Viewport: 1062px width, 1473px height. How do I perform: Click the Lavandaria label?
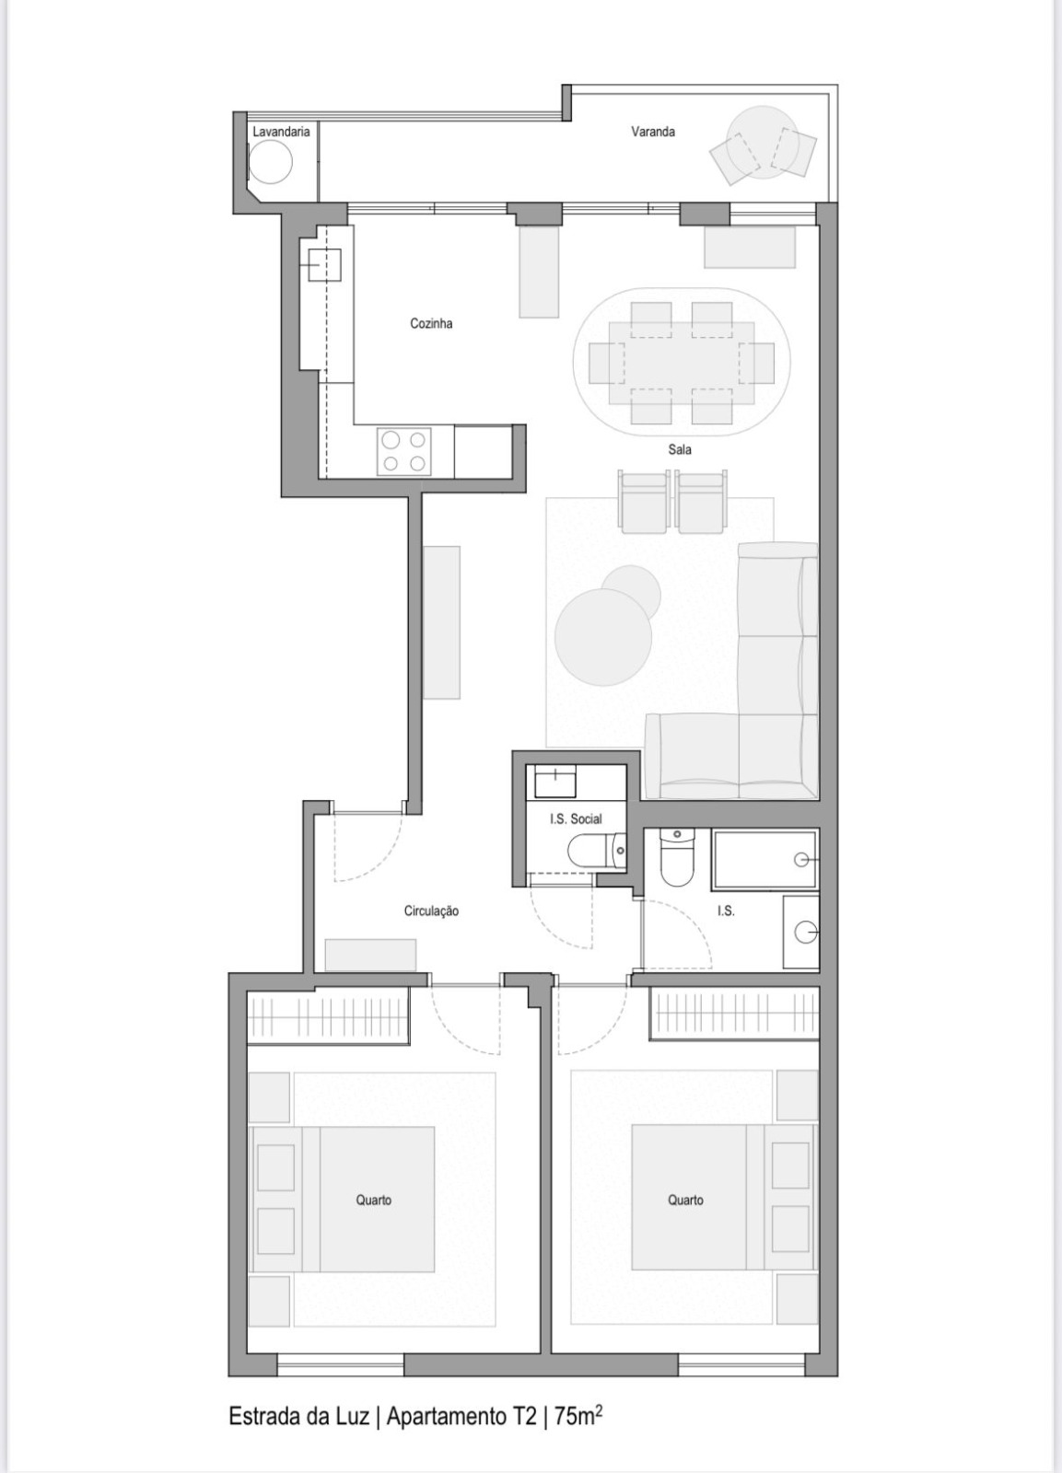[281, 132]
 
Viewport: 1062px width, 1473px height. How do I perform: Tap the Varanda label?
[652, 132]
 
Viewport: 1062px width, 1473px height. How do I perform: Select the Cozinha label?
[431, 323]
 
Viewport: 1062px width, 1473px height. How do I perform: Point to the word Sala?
[680, 449]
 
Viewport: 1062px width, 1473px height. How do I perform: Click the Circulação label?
[431, 910]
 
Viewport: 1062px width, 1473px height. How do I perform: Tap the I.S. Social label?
[576, 818]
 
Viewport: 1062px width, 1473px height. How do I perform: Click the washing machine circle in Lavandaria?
[270, 163]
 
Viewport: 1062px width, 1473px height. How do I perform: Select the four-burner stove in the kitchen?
[404, 451]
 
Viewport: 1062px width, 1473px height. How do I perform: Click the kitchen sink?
[324, 265]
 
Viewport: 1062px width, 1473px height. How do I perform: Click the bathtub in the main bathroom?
[764, 860]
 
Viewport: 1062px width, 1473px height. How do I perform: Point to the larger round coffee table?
[603, 636]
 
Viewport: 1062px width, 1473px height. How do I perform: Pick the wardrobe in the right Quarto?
[734, 1013]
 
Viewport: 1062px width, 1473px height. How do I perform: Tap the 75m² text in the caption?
[578, 1416]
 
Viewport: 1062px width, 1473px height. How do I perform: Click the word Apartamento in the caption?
[447, 1416]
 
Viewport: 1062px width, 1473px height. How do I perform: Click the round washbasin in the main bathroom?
[806, 933]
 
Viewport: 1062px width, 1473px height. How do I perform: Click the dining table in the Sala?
[682, 363]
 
